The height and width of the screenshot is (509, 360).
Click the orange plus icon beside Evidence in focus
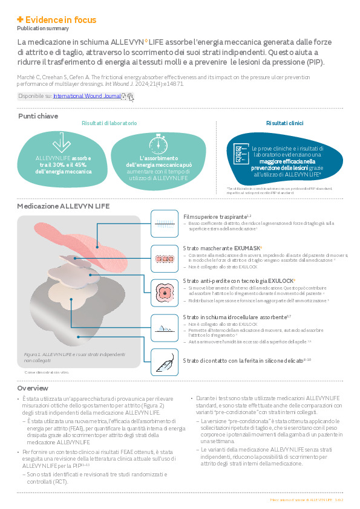(x=20, y=19)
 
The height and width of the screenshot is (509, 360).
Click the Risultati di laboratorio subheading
(x=109, y=123)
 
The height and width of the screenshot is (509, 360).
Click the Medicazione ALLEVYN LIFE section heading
(x=64, y=206)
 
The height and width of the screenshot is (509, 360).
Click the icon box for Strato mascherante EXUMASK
(x=163, y=258)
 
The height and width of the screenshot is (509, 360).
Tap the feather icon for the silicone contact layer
(x=163, y=361)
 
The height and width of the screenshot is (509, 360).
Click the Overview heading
(x=33, y=388)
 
